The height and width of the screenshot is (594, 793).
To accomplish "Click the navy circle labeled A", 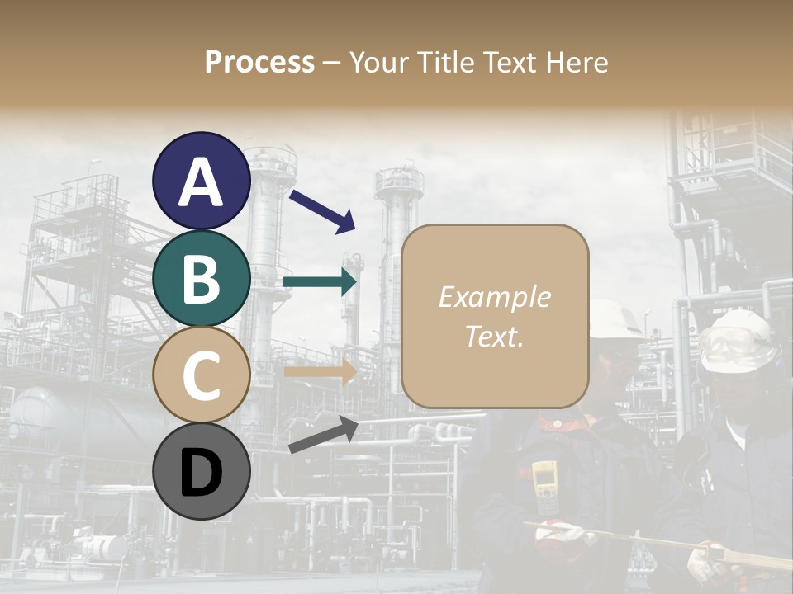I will (x=202, y=181).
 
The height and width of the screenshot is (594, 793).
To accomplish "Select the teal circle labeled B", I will (x=202, y=279).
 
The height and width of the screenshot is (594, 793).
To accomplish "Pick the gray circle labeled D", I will (x=202, y=472).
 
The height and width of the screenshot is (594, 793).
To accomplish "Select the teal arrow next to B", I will (x=320, y=283).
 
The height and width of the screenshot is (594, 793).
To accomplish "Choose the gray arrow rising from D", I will (x=323, y=435).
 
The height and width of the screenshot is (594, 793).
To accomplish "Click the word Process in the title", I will (x=259, y=63).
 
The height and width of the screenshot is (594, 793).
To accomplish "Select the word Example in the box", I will (x=494, y=297).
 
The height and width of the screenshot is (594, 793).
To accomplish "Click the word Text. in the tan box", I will (x=494, y=336).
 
